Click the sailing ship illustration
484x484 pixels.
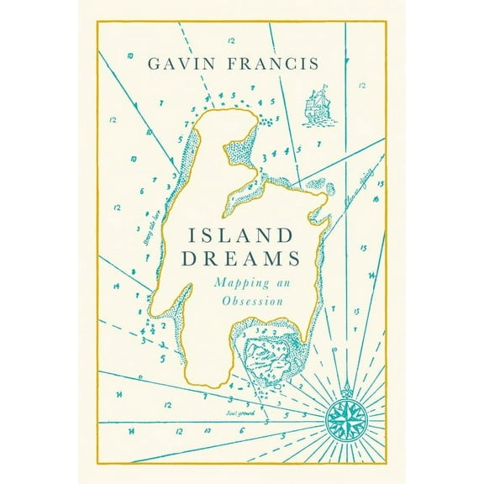click(x=318, y=102)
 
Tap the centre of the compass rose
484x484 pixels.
click(x=346, y=413)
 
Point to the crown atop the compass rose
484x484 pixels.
click(x=346, y=389)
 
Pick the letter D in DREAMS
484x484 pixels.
click(x=196, y=261)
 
